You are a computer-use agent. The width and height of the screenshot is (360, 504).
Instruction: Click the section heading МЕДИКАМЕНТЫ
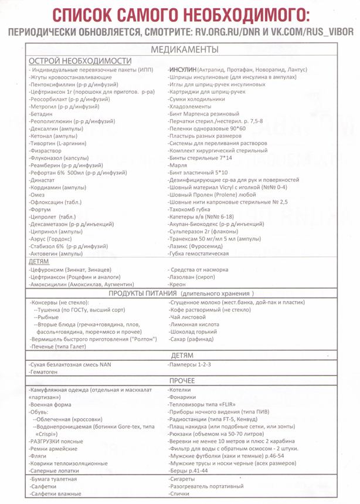click(x=185, y=50)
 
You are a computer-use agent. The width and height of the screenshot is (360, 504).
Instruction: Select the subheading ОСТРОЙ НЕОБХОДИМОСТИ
click(x=80, y=60)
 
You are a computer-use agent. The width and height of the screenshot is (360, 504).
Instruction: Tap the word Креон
click(x=178, y=284)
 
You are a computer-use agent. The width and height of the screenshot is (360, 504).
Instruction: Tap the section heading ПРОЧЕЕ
click(x=185, y=381)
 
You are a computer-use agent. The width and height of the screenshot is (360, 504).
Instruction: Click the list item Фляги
click(x=39, y=455)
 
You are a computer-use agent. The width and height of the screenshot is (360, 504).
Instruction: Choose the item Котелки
click(x=179, y=390)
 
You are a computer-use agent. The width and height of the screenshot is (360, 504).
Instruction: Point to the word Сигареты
click(x=182, y=480)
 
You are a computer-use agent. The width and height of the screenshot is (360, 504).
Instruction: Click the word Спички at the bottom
click(x=179, y=495)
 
